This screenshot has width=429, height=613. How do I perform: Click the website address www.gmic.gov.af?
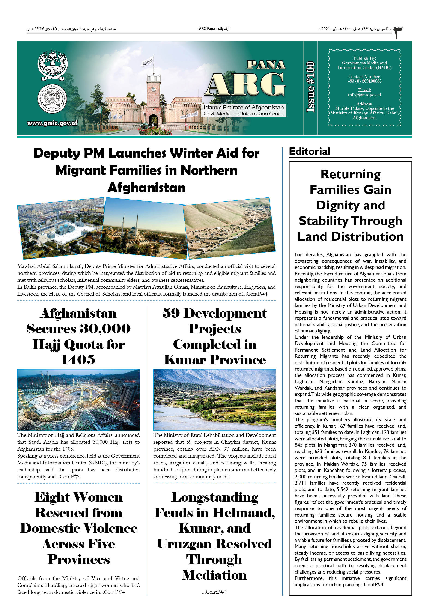tap(52, 123)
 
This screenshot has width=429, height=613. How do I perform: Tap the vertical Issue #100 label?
tap(310, 87)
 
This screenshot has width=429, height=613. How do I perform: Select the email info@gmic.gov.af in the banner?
tap(364, 95)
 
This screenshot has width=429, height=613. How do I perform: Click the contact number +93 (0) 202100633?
tap(364, 81)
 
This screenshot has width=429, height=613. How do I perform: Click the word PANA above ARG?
tap(266, 65)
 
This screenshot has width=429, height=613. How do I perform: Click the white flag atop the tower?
tap(147, 63)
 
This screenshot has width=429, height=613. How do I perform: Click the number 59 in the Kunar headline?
tap(171, 313)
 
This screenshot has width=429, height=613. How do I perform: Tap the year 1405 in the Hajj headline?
tap(78, 360)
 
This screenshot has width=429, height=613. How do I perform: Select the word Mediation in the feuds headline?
tap(214, 575)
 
